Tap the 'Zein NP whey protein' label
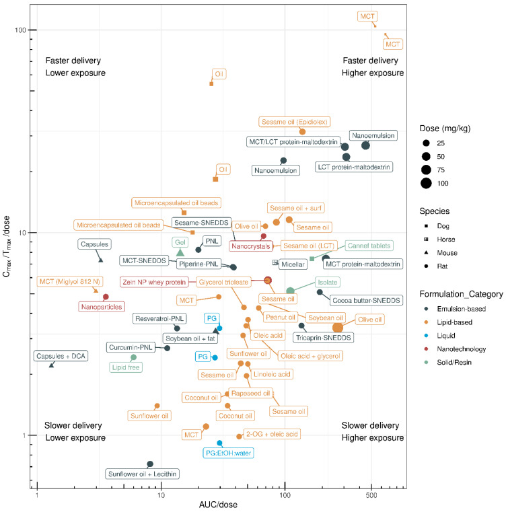coord(153,281)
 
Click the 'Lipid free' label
coord(126,367)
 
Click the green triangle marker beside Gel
coord(180,252)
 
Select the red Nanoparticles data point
coord(106,297)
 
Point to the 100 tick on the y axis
coord(27,30)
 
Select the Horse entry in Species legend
coord(437,239)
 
